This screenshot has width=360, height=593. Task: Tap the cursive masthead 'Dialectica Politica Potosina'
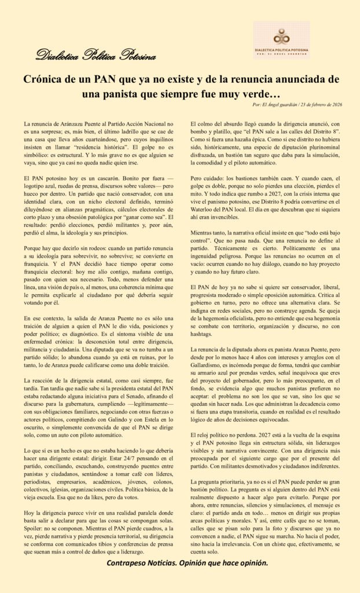pyautogui.click(x=95, y=56)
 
